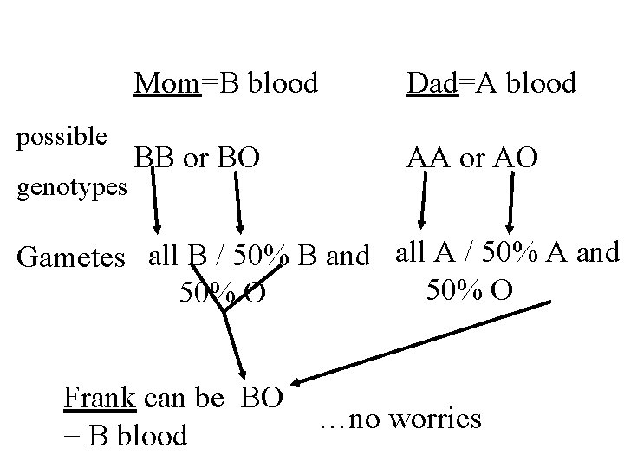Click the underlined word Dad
[432, 83]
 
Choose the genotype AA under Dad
[428, 159]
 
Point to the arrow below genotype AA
[424, 199]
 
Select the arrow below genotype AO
[511, 199]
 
